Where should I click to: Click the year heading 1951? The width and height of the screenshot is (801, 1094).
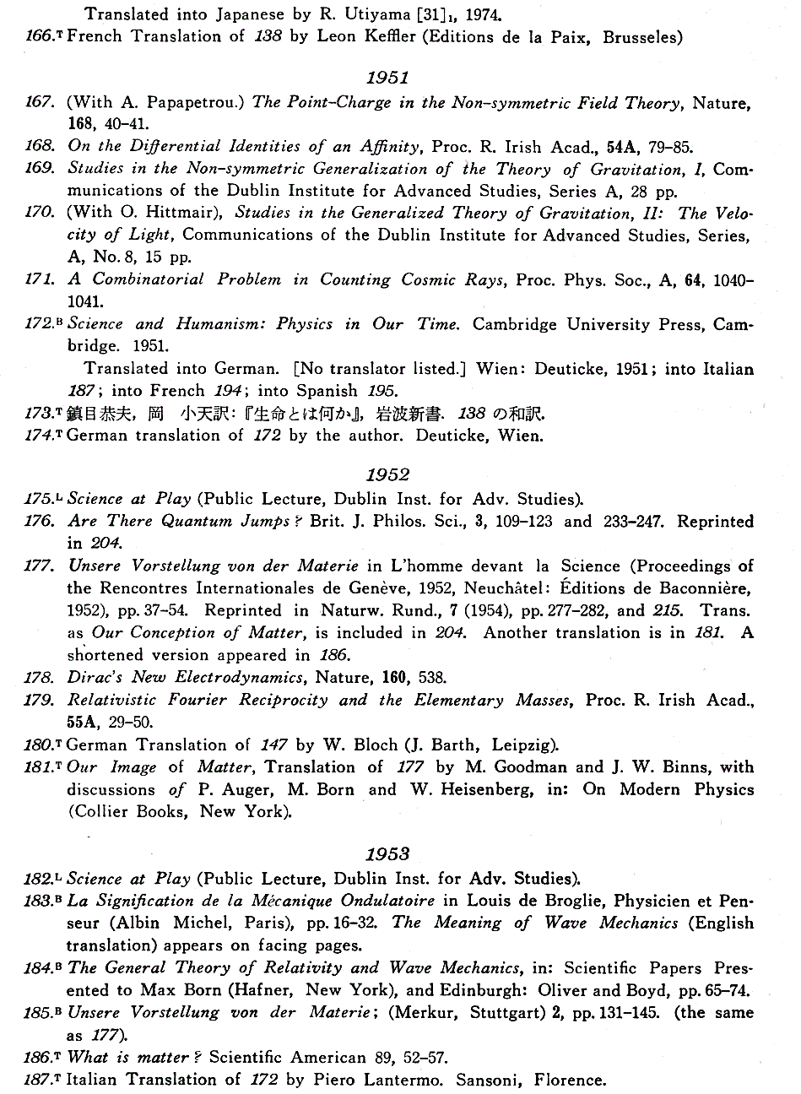pyautogui.click(x=387, y=78)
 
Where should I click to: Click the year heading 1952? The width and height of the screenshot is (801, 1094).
pyautogui.click(x=387, y=475)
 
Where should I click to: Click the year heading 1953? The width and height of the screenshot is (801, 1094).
pyautogui.click(x=387, y=855)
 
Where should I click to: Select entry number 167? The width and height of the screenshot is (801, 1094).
pyautogui.click(x=39, y=102)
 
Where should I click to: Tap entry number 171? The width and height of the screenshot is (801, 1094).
pyautogui.click(x=39, y=279)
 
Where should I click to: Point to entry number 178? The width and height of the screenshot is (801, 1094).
pyautogui.click(x=39, y=677)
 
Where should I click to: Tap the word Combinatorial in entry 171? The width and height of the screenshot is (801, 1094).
pyautogui.click(x=149, y=279)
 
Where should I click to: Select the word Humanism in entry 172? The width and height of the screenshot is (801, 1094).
pyautogui.click(x=210, y=324)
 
